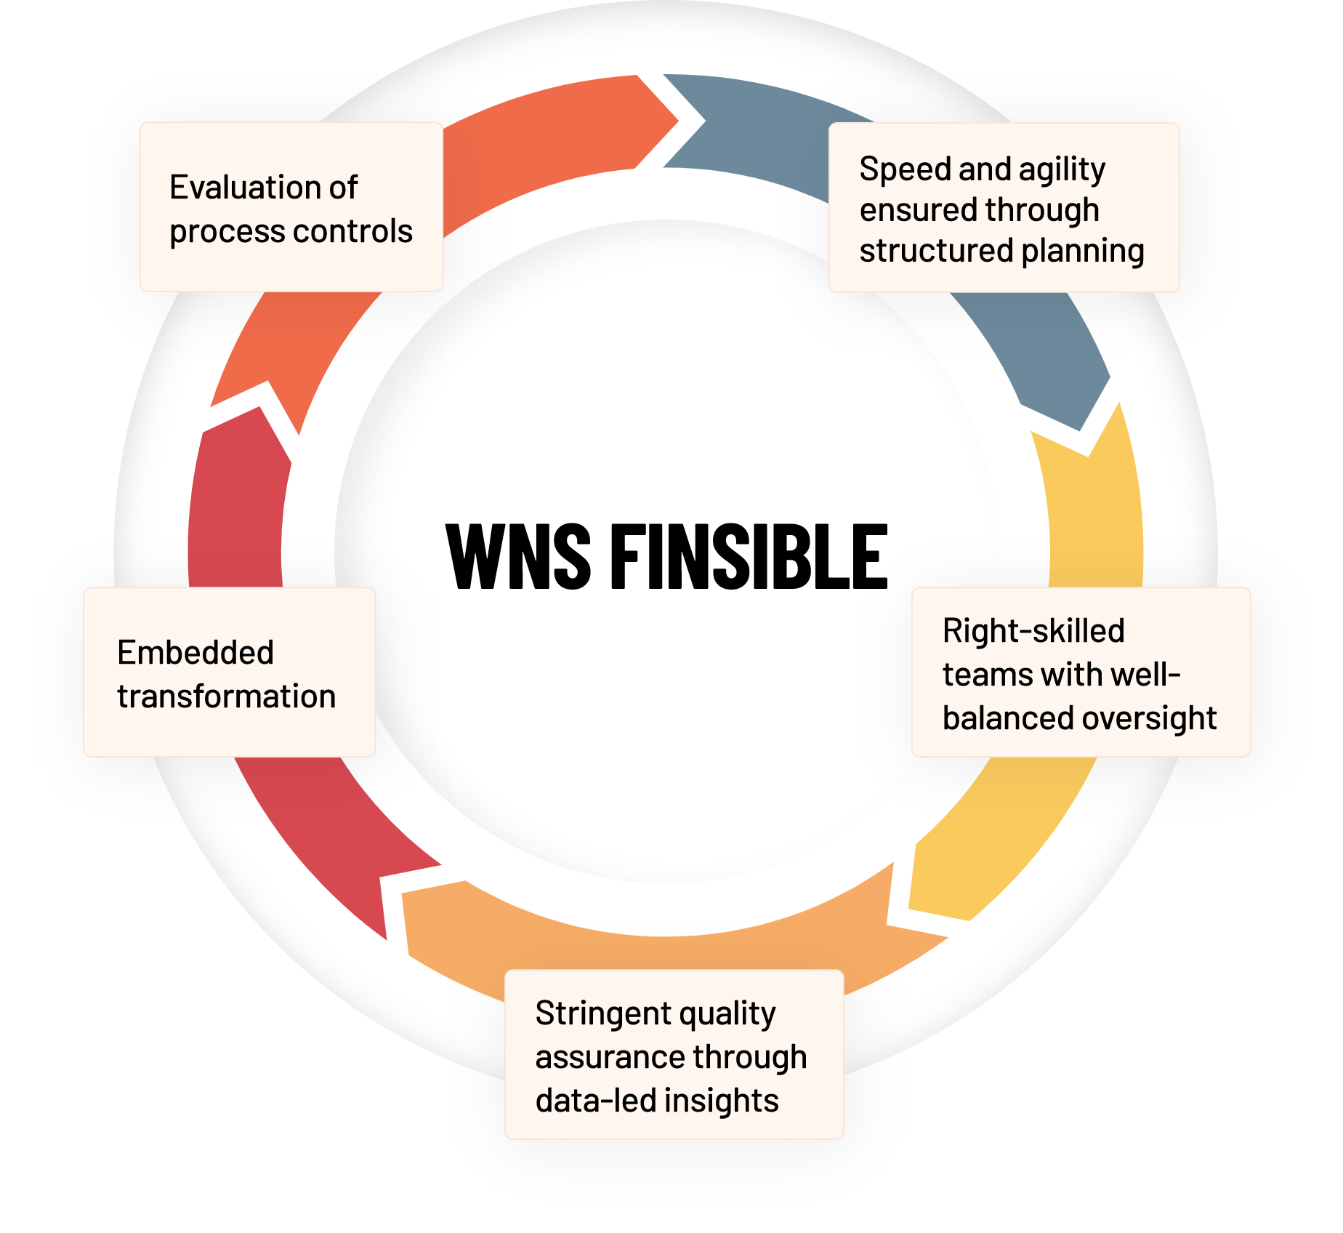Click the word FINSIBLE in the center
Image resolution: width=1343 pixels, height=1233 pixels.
tap(749, 556)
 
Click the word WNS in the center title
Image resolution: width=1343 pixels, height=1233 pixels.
tap(518, 556)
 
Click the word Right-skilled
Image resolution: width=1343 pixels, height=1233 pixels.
tap(1033, 631)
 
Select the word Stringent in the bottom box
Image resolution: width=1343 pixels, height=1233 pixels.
tap(604, 1013)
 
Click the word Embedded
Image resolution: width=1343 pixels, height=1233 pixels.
tap(195, 652)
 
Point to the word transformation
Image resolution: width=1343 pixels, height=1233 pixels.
tap(227, 696)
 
